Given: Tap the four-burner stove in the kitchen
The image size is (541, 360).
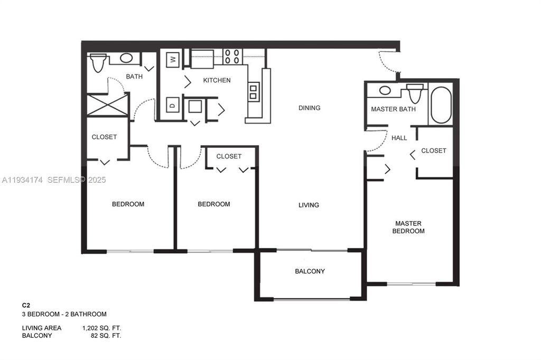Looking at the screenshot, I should click(232, 56).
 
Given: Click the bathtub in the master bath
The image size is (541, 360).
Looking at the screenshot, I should click(441, 105).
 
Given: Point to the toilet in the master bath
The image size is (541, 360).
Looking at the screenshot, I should click(415, 93).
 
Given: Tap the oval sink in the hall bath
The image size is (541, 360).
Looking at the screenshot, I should click(126, 58).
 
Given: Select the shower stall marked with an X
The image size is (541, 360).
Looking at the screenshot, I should click(108, 105).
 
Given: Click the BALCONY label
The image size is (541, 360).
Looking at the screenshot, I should click(310, 271).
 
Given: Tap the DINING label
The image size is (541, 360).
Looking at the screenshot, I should click(309, 108).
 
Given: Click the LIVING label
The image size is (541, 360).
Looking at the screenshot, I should click(309, 205).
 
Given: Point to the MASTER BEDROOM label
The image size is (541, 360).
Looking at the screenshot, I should click(409, 227).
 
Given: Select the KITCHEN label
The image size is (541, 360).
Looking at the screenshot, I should click(217, 80).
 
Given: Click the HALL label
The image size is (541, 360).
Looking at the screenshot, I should click(399, 138).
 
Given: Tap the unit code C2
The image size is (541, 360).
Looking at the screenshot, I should click(25, 305).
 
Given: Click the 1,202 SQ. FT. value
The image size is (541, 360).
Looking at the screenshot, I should click(101, 328).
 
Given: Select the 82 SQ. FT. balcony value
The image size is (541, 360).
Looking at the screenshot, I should click(106, 335).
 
